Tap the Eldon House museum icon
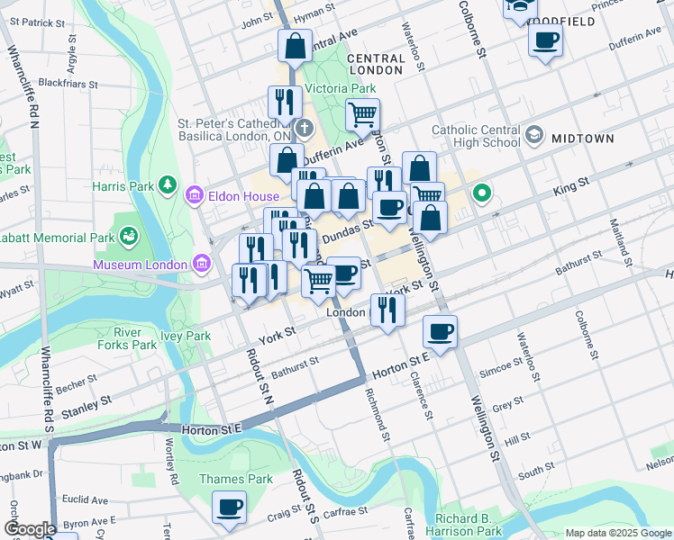(x=194, y=194)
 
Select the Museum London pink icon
(x=201, y=264)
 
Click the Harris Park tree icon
(x=167, y=185)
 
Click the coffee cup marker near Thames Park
(x=229, y=507)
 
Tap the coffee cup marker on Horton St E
(x=440, y=331)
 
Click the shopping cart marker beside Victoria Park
(x=362, y=114)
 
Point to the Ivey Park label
(x=185, y=336)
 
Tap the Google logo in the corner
(x=28, y=529)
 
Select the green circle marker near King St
(x=482, y=192)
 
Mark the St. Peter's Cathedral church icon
(x=305, y=128)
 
